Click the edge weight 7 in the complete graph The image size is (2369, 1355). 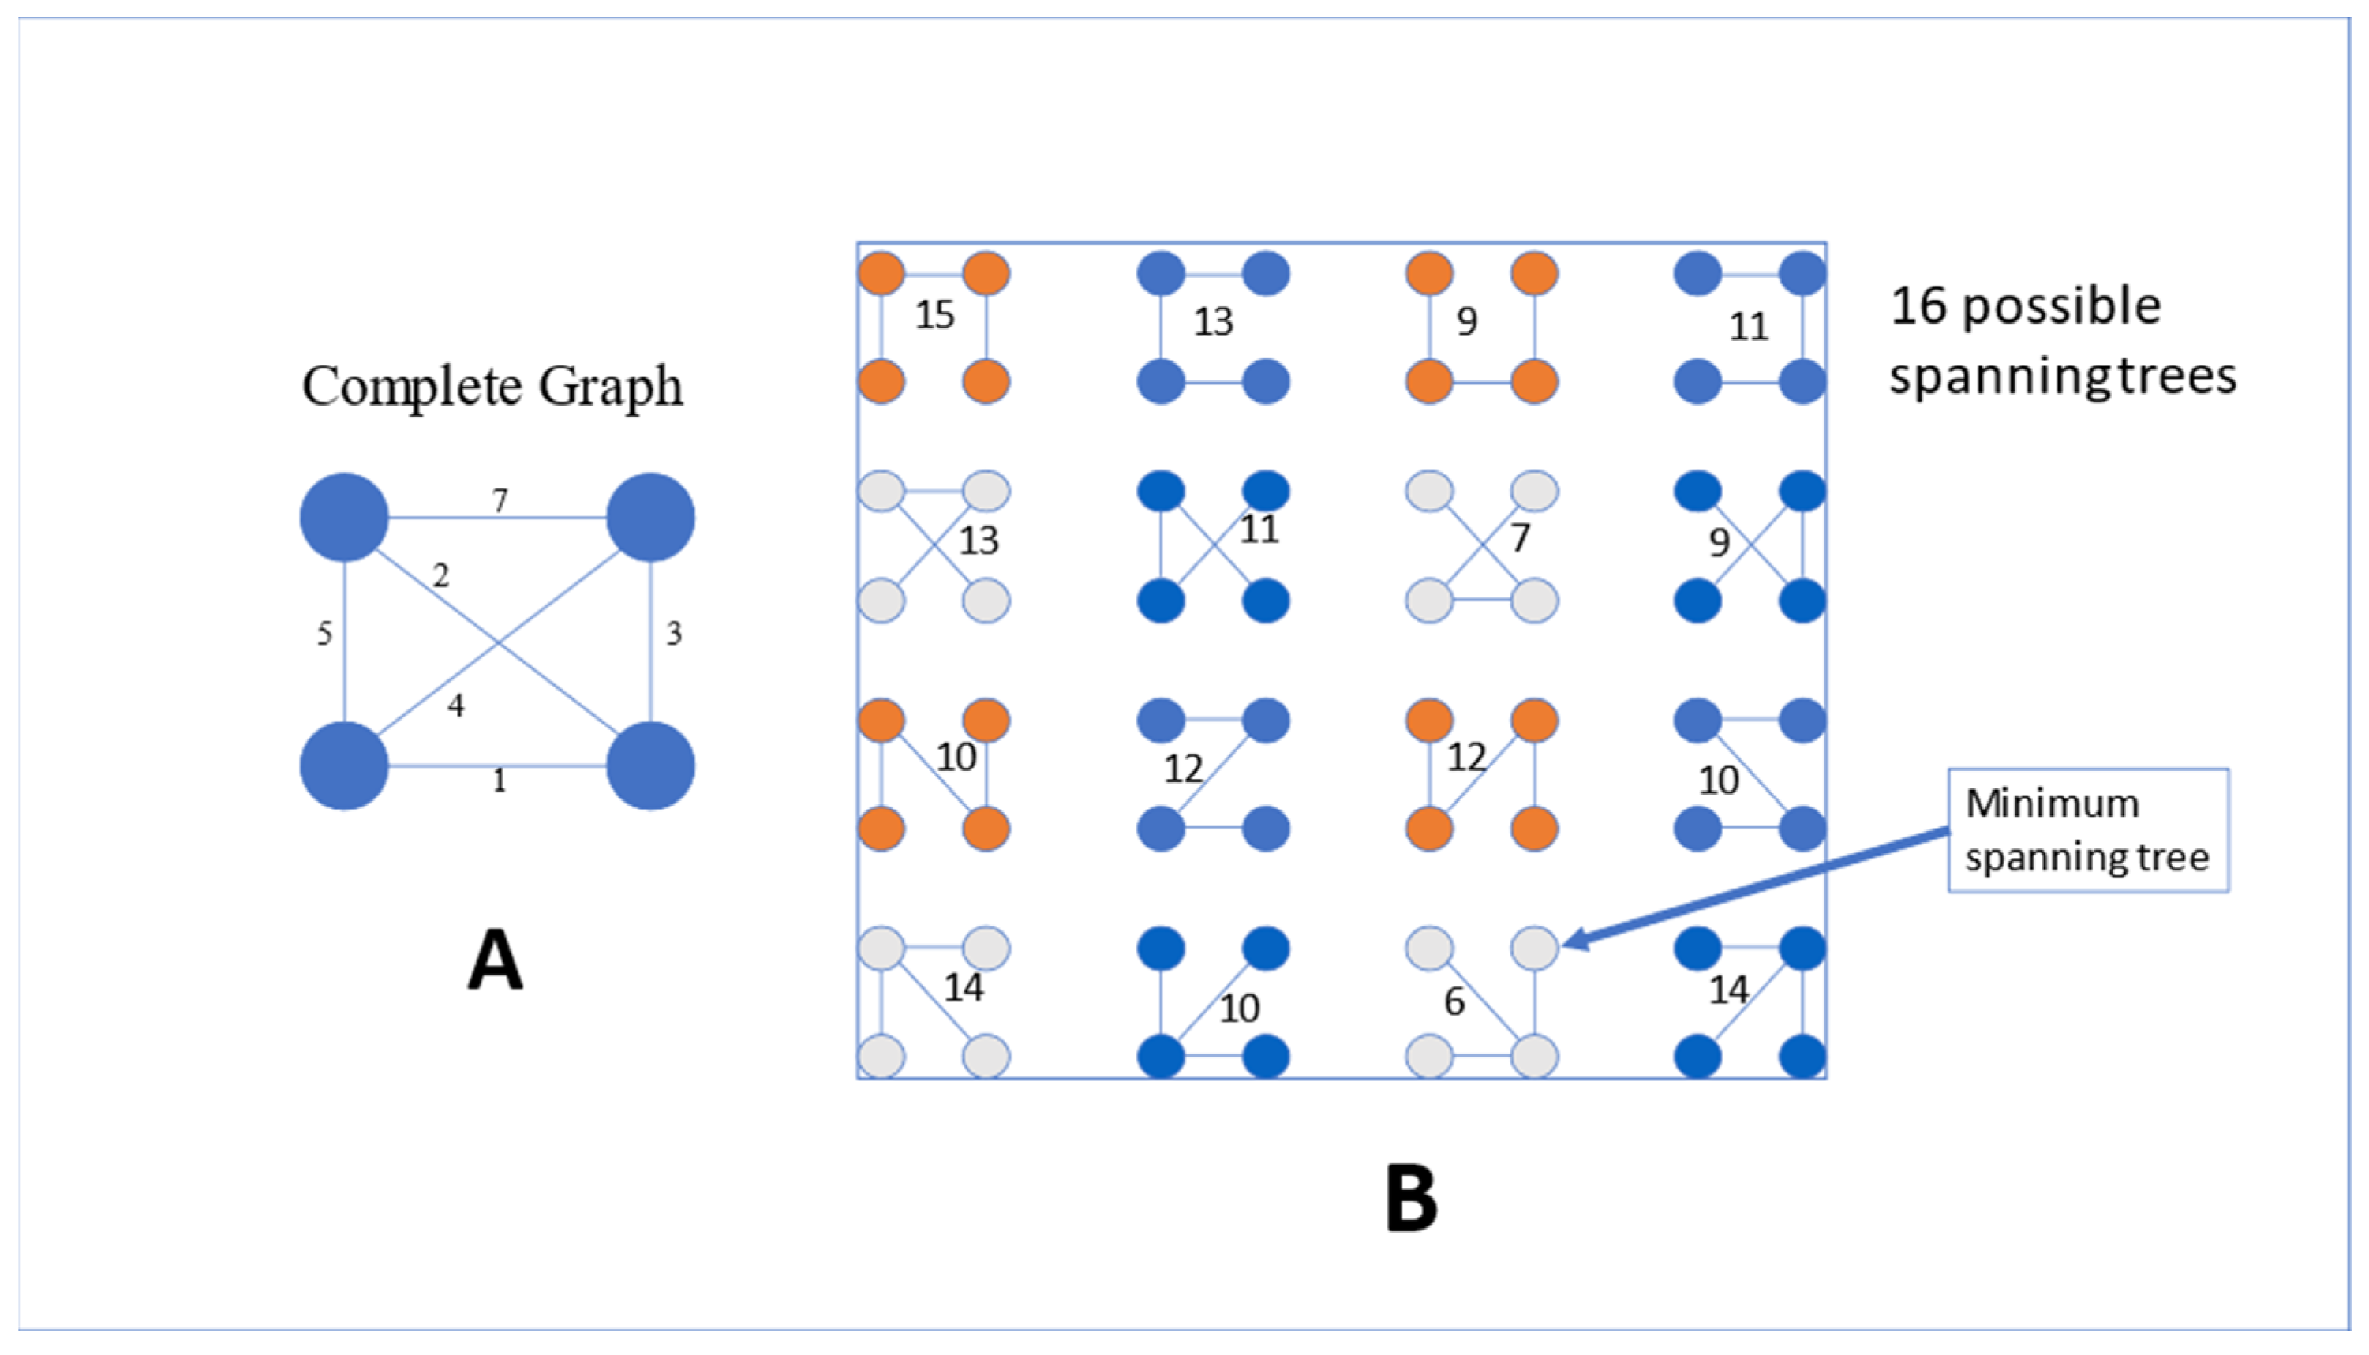tap(500, 500)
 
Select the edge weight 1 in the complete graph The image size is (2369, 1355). tap(500, 780)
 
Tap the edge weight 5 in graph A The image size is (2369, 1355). tap(324, 634)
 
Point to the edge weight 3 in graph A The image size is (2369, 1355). tap(674, 634)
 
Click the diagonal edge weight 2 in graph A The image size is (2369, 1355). tap(441, 576)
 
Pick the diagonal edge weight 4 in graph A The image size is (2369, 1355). tap(456, 706)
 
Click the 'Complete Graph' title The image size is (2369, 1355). tap(492, 385)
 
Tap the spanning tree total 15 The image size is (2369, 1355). tap(934, 316)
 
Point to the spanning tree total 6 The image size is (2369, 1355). tap(1454, 1002)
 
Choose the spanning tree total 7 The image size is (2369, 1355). tap(1519, 538)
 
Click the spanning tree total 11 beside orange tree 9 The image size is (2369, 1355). tap(1749, 327)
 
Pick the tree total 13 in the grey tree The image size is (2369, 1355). tap(978, 541)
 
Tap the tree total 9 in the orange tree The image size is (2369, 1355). tap(1466, 321)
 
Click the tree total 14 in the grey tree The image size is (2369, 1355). tap(963, 987)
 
